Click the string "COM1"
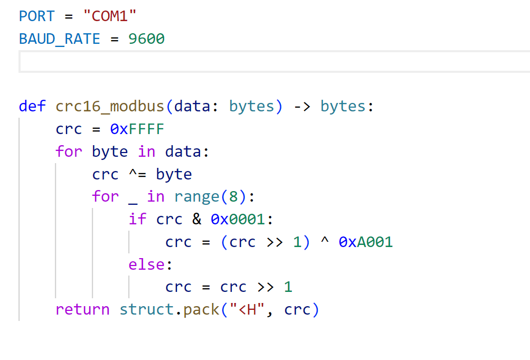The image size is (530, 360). point(110,16)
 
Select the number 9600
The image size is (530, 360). point(147,39)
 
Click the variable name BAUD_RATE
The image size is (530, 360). point(60,39)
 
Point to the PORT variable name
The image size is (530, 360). point(36,16)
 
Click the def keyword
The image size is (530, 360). point(32,106)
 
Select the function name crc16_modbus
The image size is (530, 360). point(110,106)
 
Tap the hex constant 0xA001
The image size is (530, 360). point(366,242)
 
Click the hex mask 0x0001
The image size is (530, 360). point(238,219)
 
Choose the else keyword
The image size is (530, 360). point(147,264)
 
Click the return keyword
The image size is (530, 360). point(82,309)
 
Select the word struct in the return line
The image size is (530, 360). point(146,309)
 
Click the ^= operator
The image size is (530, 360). point(137,174)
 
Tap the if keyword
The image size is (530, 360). point(137,219)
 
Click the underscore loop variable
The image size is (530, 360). point(134,198)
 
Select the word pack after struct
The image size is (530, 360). point(201,309)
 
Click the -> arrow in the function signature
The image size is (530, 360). point(302,106)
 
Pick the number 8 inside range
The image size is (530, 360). point(233,196)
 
